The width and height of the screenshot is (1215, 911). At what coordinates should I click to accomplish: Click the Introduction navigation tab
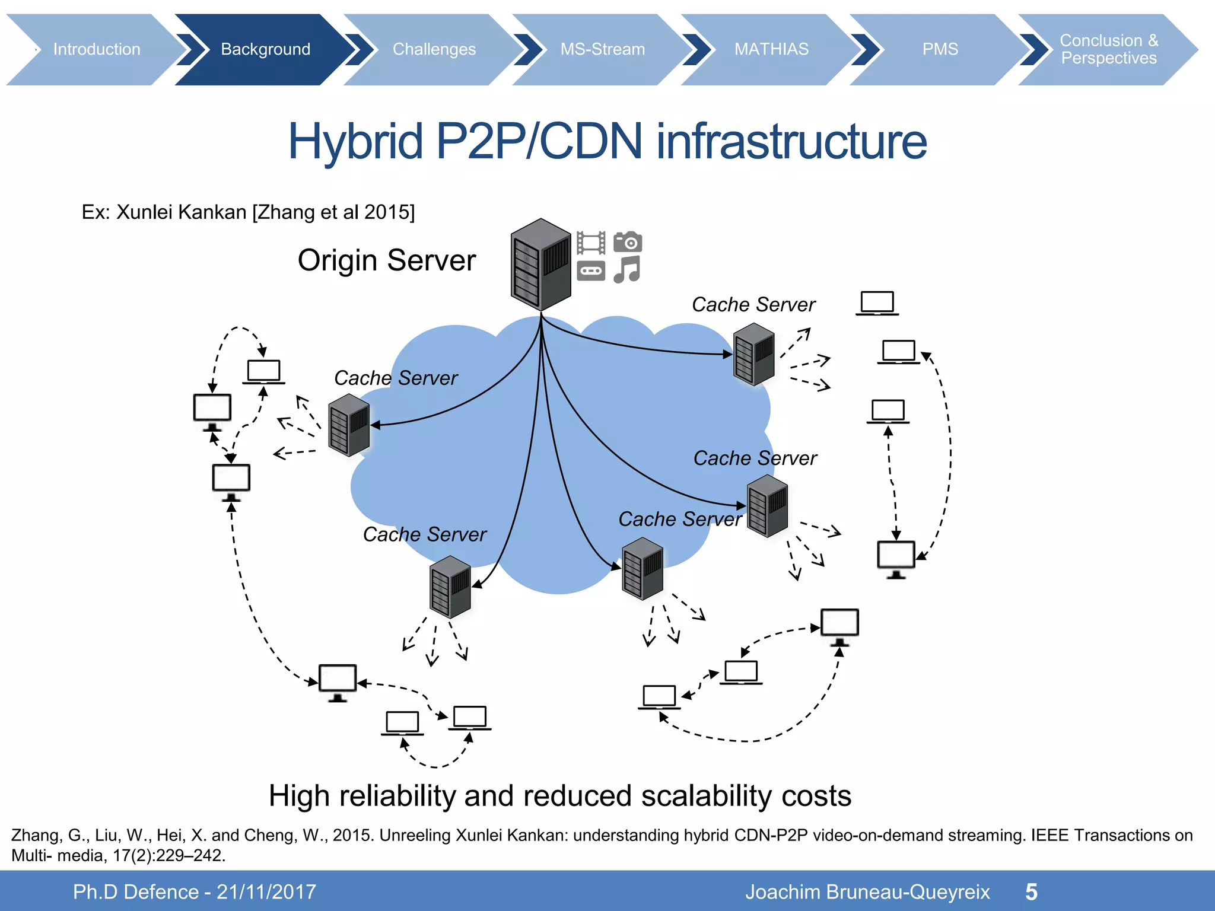tap(97, 49)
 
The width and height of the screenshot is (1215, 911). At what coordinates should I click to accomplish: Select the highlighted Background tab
tap(265, 49)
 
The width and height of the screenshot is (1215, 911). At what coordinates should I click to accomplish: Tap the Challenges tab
tap(434, 49)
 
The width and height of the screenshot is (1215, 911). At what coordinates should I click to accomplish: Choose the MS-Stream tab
tap(602, 49)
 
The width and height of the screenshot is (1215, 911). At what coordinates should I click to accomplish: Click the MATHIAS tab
tap(771, 49)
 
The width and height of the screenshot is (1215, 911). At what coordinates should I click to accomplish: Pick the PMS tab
tap(940, 49)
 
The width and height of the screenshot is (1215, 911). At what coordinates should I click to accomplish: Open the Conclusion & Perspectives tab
tap(1108, 49)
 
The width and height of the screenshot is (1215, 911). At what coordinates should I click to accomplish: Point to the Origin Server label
tap(386, 260)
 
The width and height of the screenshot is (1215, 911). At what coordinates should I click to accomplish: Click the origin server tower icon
tap(540, 265)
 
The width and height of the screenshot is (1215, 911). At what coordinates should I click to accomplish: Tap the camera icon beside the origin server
tap(628, 242)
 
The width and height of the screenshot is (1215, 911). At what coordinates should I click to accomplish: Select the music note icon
tap(626, 270)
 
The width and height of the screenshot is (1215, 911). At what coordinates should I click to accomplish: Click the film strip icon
tap(591, 243)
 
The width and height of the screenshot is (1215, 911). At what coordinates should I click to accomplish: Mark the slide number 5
tap(1031, 892)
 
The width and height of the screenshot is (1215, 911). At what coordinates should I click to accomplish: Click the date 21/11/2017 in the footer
tap(266, 892)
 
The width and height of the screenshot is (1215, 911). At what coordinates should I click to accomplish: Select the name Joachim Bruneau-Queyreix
tap(867, 892)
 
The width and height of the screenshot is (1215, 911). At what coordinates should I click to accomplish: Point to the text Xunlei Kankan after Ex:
tap(181, 212)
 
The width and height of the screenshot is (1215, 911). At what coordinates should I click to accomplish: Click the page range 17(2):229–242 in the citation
tap(168, 855)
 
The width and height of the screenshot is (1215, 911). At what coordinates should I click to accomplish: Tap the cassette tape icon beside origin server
tap(591, 271)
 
